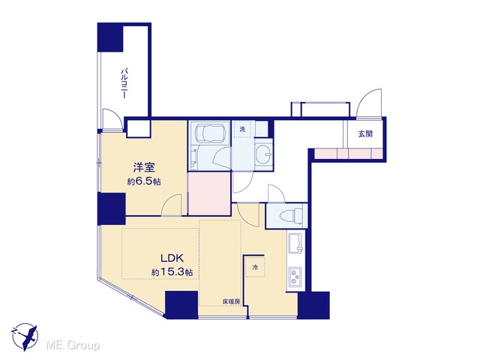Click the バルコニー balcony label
pyautogui.click(x=124, y=83)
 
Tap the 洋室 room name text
pyautogui.click(x=144, y=167)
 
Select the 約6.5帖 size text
pyautogui.click(x=144, y=181)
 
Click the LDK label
pyautogui.click(x=172, y=258)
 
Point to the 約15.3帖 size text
pyautogui.click(x=172, y=272)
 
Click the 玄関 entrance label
pyautogui.click(x=365, y=133)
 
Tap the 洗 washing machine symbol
pyautogui.click(x=242, y=129)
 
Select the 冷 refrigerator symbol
pyautogui.click(x=255, y=267)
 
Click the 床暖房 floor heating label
pyautogui.click(x=231, y=301)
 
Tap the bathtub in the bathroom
pyautogui.click(x=209, y=133)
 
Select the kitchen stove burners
pyautogui.click(x=295, y=277)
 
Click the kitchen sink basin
pyautogui.click(x=295, y=243)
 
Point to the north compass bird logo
pyautogui.click(x=25, y=337)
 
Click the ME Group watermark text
pyautogui.click(x=73, y=345)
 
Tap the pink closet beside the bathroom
pyautogui.click(x=209, y=193)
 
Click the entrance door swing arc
pyautogui.click(x=369, y=103)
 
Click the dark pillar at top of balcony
pyautogui.click(x=110, y=37)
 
